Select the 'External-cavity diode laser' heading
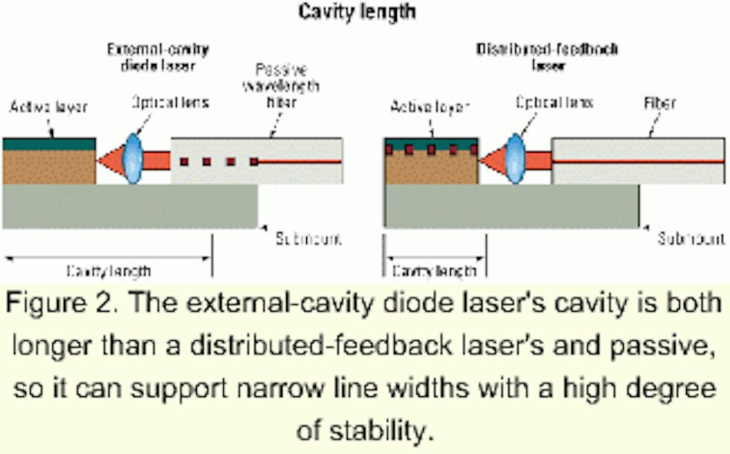point(158,57)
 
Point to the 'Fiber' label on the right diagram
point(658,102)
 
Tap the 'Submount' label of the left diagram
point(308,239)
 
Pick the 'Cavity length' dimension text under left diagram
point(108,271)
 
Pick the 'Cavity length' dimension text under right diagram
point(434,271)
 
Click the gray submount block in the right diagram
point(511,206)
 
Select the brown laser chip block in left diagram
point(49,167)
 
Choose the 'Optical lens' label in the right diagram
point(554,102)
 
